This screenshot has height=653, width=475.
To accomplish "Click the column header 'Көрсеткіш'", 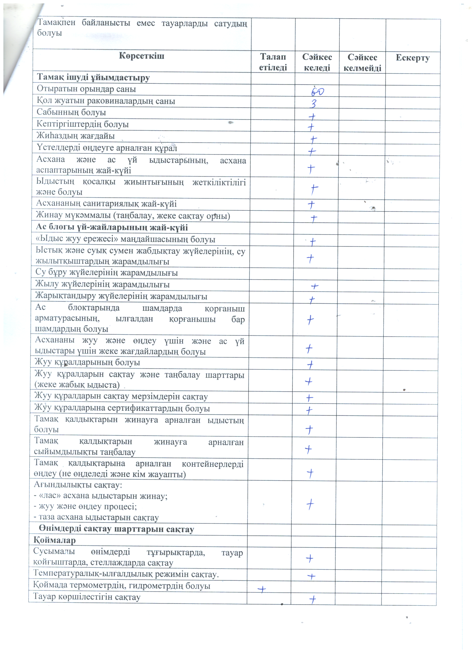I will (142, 56).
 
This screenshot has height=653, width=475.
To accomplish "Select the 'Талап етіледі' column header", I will (273, 62).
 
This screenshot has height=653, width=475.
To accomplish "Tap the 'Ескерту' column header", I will (412, 58).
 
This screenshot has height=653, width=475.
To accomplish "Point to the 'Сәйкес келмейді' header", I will (362, 62).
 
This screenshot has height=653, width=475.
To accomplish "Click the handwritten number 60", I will (317, 91).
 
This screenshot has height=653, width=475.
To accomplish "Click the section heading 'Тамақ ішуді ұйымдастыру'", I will (93, 78).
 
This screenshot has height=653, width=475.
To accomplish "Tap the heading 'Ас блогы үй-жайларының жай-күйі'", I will (112, 227).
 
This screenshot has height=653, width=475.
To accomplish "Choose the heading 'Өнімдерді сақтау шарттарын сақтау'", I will (116, 529).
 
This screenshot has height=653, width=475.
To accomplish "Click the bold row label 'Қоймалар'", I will (55, 540).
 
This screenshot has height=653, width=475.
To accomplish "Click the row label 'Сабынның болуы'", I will (71, 112).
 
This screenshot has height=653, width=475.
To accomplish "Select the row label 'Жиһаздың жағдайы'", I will (76, 136).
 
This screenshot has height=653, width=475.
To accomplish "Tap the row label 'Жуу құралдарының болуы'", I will (87, 362).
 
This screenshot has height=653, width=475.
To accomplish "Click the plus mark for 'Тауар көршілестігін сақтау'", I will (313, 599).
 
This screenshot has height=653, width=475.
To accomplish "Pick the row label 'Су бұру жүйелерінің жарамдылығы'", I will (107, 273).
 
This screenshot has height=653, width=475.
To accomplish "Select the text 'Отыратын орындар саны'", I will (86, 89).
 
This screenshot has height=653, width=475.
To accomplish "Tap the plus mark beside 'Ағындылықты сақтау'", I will (310, 504).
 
